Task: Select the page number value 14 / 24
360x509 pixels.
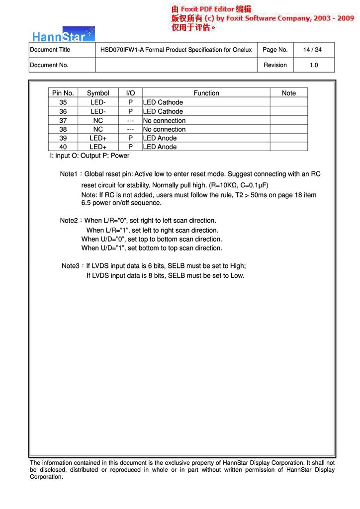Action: point(313,50)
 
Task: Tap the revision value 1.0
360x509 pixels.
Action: point(314,65)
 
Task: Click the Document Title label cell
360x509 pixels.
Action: point(50,50)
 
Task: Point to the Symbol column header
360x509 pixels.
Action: point(98,93)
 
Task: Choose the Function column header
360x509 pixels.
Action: point(206,93)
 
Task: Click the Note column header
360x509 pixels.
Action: point(288,93)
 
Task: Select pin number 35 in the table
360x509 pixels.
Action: point(63,102)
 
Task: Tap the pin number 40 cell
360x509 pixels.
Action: point(63,147)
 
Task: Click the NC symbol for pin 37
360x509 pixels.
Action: point(98,120)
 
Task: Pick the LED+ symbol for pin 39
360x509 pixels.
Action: point(98,138)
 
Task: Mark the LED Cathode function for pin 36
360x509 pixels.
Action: point(163,111)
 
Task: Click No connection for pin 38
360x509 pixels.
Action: point(164,129)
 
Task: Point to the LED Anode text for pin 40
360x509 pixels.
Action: point(160,147)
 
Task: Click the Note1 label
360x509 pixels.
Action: point(69,174)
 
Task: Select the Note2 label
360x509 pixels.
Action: point(69,220)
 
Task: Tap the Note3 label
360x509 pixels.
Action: point(71,266)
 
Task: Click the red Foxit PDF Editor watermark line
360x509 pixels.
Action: point(211,9)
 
